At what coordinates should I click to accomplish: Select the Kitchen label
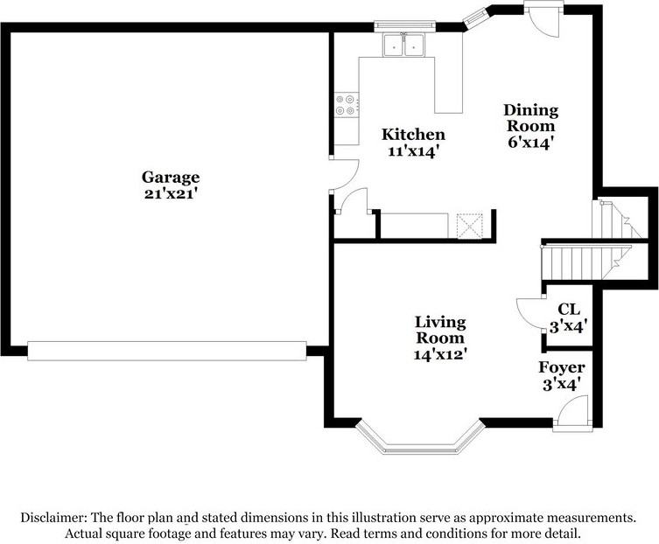pyautogui.click(x=414, y=135)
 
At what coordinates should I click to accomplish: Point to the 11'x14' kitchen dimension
pyautogui.click(x=414, y=150)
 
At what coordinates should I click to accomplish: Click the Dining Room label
pyautogui.click(x=530, y=118)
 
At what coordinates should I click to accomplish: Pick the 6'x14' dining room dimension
pyautogui.click(x=530, y=142)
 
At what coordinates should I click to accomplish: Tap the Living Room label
pyautogui.click(x=440, y=330)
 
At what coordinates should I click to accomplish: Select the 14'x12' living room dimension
pyautogui.click(x=440, y=354)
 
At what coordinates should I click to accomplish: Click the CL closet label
pyautogui.click(x=569, y=309)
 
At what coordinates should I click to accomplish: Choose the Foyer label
pyautogui.click(x=562, y=367)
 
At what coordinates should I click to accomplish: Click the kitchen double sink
pyautogui.click(x=404, y=45)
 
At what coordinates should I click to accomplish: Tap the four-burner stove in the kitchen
pyautogui.click(x=346, y=105)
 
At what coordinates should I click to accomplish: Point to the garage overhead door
pyautogui.click(x=166, y=351)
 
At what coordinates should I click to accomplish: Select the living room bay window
pyautogui.click(x=421, y=440)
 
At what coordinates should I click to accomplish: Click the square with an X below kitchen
pyautogui.click(x=471, y=226)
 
